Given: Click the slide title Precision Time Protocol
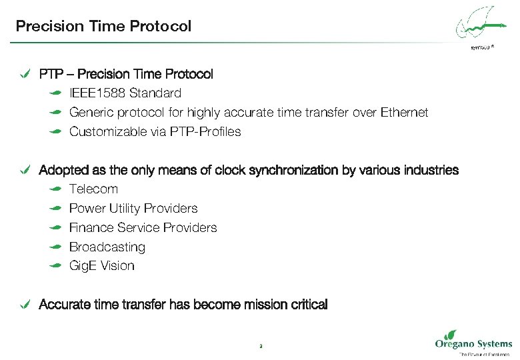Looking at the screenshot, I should pyautogui.click(x=103, y=26).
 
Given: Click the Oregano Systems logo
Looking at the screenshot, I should pyautogui.click(x=473, y=342).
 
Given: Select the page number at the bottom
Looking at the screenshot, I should pyautogui.click(x=260, y=346).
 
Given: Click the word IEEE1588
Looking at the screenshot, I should pyautogui.click(x=97, y=93).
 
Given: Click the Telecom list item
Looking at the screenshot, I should pyautogui.click(x=93, y=189).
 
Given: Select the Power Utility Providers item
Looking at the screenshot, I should pyautogui.click(x=133, y=209).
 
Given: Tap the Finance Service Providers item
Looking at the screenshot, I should pyautogui.click(x=143, y=228).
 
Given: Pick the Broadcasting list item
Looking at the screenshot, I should pyautogui.click(x=107, y=247).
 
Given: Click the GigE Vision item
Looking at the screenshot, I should pyautogui.click(x=101, y=266).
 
